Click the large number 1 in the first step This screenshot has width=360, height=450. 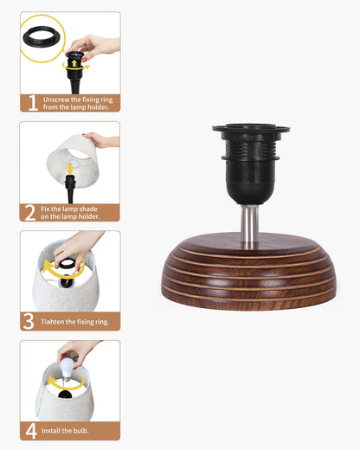click(x=33, y=103)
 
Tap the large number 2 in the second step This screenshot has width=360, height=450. click(x=30, y=213)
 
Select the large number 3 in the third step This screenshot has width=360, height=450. click(x=29, y=321)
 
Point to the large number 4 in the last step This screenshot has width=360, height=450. click(x=31, y=431)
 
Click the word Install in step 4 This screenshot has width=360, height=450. click(x=50, y=431)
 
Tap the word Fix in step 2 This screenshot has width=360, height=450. click(x=45, y=209)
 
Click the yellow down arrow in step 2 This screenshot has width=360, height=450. click(x=69, y=168)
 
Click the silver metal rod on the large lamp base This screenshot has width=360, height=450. click(x=249, y=224)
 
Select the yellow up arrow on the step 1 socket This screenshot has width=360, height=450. click(x=74, y=63)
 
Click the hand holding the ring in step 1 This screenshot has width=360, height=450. click(x=93, y=46)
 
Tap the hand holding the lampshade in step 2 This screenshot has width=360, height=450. click(x=101, y=139)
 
